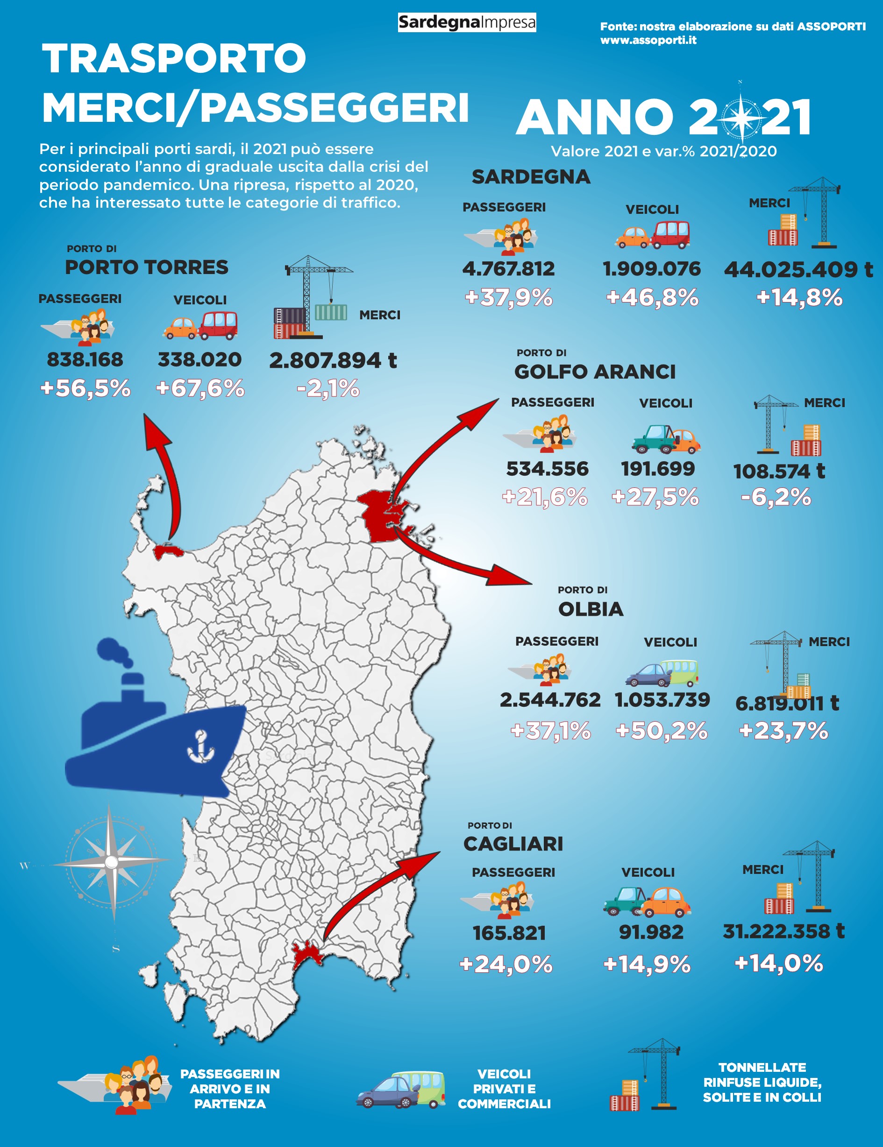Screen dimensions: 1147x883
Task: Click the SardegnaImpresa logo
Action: click(x=467, y=22)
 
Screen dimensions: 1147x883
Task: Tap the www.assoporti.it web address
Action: click(x=648, y=40)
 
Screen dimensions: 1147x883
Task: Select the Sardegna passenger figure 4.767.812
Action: click(x=508, y=269)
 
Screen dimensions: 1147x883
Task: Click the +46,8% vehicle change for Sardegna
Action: click(x=652, y=297)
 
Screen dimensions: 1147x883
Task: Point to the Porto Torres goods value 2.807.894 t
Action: click(x=333, y=360)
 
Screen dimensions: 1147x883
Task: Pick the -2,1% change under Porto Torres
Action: click(x=328, y=388)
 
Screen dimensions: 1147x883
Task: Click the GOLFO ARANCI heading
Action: click(x=594, y=372)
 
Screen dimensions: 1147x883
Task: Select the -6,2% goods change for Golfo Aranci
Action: click(x=776, y=497)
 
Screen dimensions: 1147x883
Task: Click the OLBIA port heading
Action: click(x=590, y=609)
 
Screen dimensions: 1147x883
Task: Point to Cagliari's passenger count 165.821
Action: click(x=509, y=933)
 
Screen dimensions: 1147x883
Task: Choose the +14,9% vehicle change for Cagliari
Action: click(x=647, y=964)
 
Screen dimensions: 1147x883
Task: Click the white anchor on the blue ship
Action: click(x=201, y=747)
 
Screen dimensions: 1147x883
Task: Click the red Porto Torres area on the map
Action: click(x=167, y=551)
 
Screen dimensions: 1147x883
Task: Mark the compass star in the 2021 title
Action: click(x=741, y=117)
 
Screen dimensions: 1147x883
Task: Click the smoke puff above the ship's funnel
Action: click(x=114, y=651)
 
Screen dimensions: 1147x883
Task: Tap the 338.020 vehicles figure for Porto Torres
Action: click(x=200, y=360)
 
